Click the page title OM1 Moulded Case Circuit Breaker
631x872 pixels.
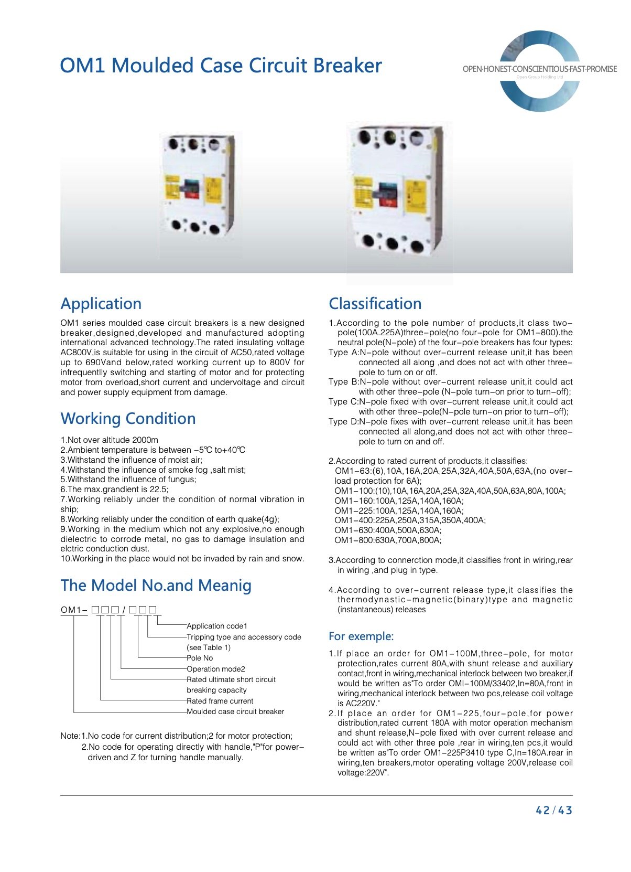[221, 66]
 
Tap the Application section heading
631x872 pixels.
[101, 304]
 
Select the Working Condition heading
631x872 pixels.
[128, 419]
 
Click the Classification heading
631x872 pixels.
[375, 304]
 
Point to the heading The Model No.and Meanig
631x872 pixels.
[156, 586]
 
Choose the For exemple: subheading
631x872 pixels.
[361, 636]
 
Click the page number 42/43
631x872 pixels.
[553, 811]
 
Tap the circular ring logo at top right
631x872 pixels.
[540, 70]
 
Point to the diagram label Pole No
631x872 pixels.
[200, 658]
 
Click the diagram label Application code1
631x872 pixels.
[217, 626]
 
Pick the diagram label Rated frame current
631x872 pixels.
[220, 701]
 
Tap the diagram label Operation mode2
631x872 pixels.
[216, 669]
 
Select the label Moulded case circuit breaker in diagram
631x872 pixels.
[235, 712]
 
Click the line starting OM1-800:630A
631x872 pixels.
[388, 540]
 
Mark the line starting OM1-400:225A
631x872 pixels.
[410, 520]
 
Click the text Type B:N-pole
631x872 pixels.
[356, 382]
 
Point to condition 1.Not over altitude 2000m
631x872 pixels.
[109, 440]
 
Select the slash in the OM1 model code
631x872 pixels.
[124, 610]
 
